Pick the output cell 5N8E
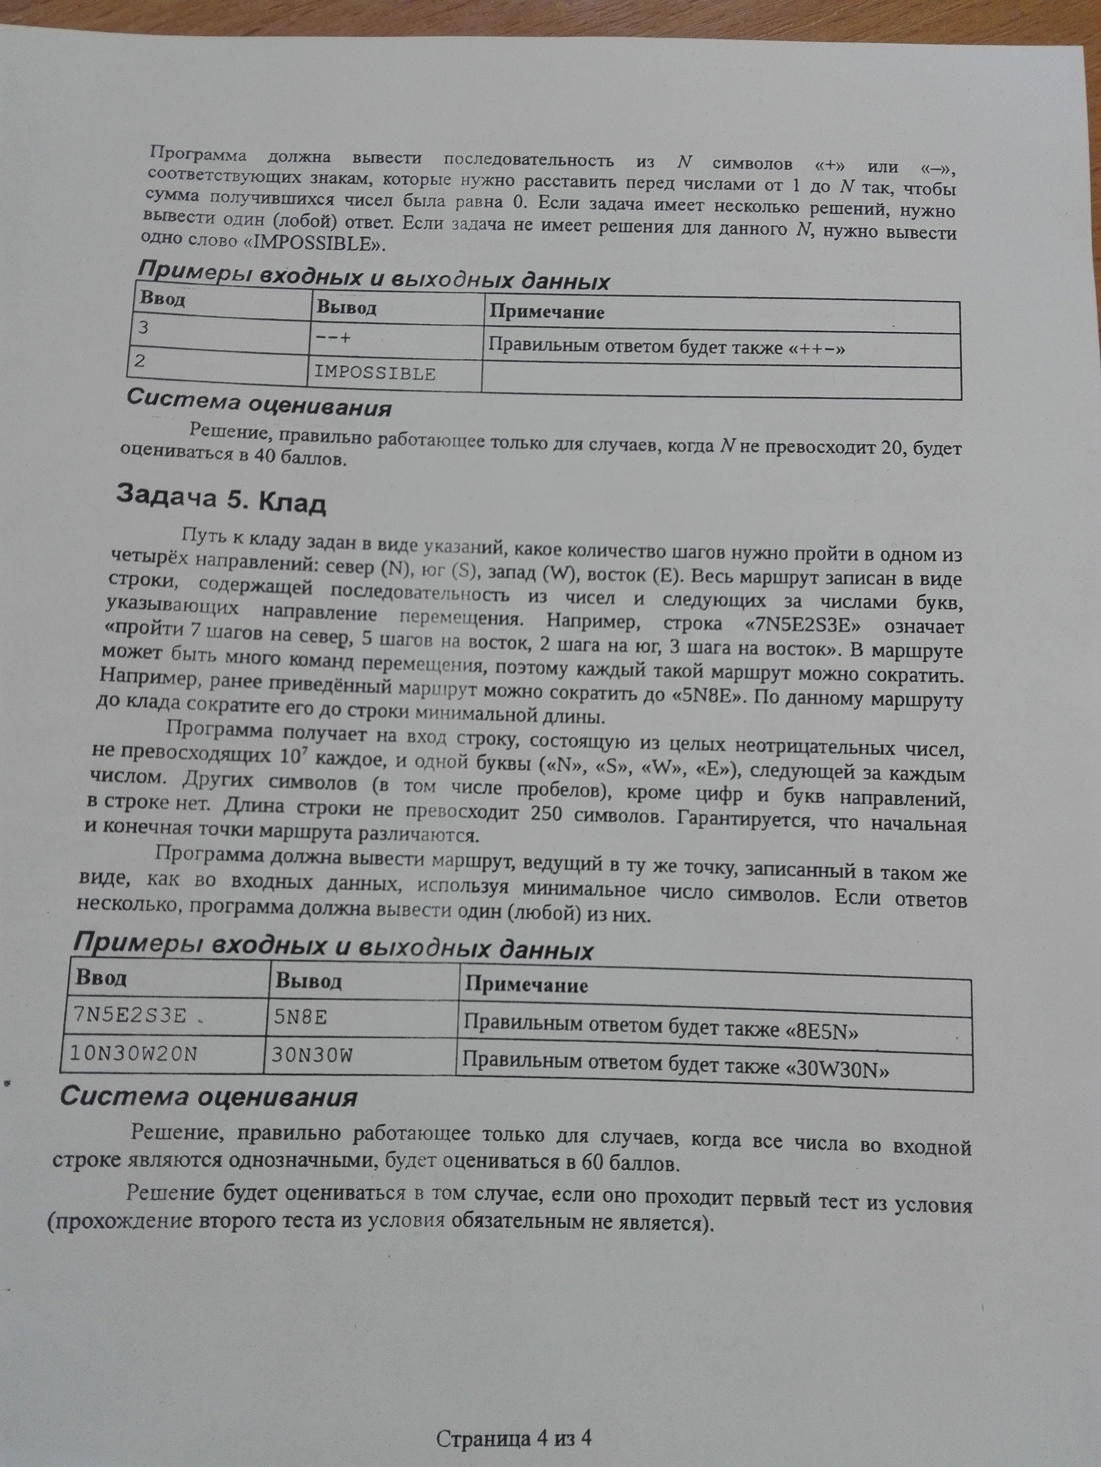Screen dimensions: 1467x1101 coord(300,1017)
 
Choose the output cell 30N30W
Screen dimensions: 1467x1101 coord(312,1054)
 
